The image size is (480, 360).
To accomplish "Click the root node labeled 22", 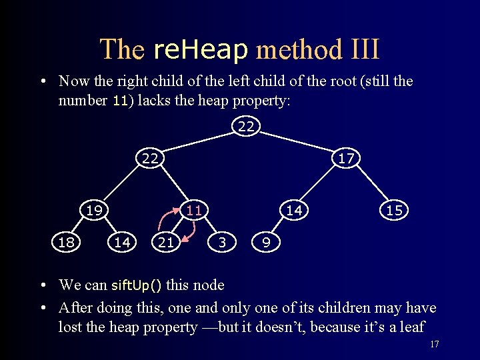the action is [x=246, y=125].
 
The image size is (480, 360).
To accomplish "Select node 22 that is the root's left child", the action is [x=150, y=159].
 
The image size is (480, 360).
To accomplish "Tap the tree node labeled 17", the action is [x=345, y=159].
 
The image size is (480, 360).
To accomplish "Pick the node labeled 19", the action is [x=94, y=211].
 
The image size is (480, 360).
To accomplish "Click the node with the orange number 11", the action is [x=193, y=211].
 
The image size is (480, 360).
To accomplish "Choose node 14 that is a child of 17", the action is [x=294, y=211].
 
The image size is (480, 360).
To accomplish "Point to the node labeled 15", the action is [x=393, y=211].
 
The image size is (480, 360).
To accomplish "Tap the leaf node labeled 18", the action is [x=66, y=242].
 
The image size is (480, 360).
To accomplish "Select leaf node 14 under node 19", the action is [x=122, y=242].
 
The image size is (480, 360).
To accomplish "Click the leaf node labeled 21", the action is [x=166, y=242].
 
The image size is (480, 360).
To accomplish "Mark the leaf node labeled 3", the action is [x=222, y=242].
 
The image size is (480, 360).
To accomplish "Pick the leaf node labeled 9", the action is [x=266, y=242].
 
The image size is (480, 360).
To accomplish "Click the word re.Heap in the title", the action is [x=201, y=49].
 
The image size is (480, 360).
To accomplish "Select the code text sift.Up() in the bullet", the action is [x=136, y=285].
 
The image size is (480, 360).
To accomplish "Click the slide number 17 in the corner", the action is [x=435, y=344].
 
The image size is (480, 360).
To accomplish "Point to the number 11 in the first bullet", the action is [x=120, y=101].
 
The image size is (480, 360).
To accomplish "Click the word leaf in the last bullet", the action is [x=410, y=327].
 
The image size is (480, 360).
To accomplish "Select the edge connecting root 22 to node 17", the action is [x=296, y=142].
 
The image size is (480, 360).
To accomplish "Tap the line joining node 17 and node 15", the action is [x=369, y=185].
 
